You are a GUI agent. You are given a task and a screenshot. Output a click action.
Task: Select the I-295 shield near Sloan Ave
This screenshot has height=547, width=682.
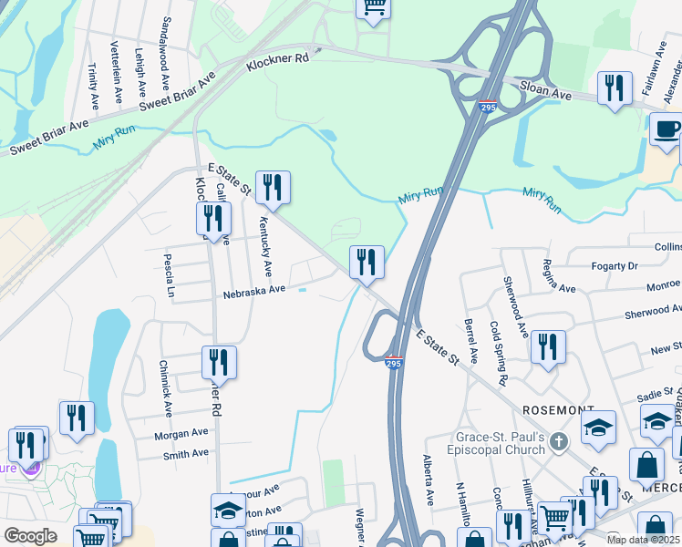488,107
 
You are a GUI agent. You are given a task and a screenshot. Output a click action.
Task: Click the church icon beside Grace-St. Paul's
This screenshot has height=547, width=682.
561,443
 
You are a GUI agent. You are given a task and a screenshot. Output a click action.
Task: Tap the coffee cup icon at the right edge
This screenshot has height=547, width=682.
667,129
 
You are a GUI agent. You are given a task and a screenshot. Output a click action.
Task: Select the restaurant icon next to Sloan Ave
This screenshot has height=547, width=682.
615,88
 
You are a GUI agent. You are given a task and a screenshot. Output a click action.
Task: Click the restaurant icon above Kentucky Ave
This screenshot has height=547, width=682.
272,188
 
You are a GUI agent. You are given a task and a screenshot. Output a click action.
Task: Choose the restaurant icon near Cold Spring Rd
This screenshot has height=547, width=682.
547,347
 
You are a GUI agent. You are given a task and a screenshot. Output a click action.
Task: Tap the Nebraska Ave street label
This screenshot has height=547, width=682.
254,292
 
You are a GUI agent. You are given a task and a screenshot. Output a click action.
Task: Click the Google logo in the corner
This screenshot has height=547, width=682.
30,535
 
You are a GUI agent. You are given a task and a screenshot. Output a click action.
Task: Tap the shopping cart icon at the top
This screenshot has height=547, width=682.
372,8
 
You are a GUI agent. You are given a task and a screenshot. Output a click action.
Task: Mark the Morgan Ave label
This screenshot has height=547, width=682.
181,435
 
